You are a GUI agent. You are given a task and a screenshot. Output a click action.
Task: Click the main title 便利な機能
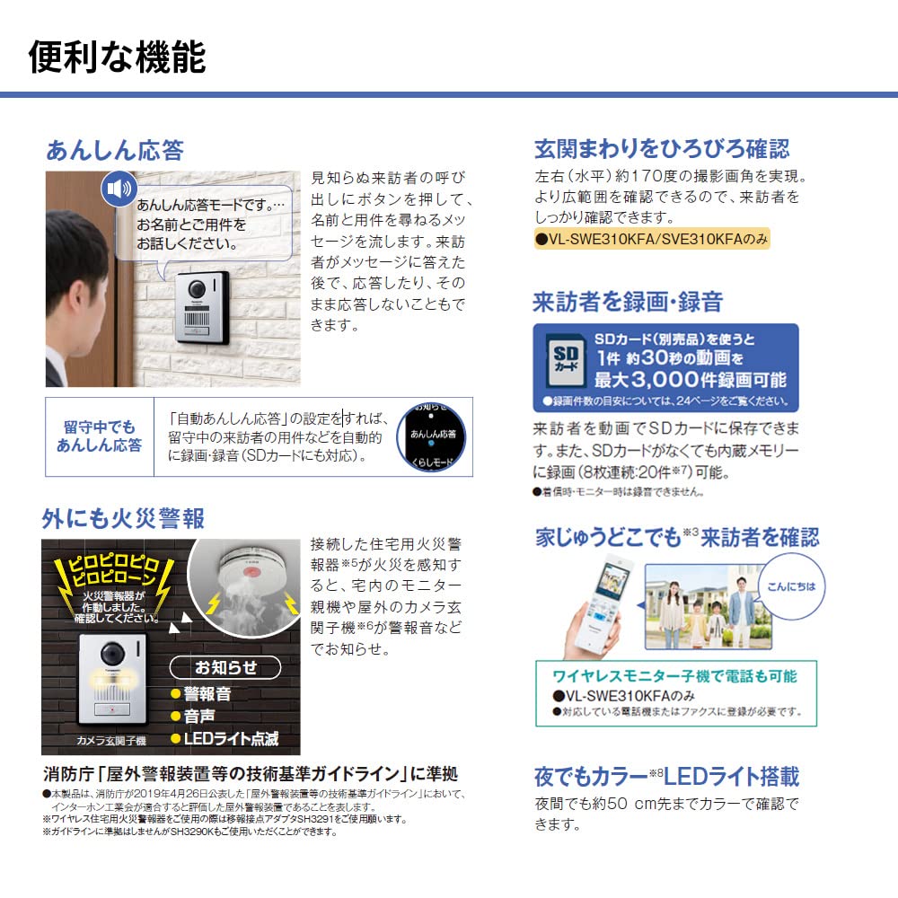[118, 56]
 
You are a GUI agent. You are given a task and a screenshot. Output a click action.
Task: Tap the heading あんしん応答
[114, 149]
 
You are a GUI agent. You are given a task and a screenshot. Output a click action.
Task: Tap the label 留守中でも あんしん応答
[99, 436]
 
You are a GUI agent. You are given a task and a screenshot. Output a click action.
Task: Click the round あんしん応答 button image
[431, 436]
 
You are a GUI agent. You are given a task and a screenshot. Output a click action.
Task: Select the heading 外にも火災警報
[123, 518]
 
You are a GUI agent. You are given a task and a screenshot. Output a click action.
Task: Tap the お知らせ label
[225, 667]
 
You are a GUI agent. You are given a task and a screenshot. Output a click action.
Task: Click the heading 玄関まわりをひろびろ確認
[662, 149]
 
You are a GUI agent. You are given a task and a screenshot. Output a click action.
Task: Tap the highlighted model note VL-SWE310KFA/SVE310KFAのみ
[651, 240]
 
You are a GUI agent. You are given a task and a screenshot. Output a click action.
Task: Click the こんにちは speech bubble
[792, 586]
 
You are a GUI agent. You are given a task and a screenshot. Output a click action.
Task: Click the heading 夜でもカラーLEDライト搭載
[666, 776]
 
